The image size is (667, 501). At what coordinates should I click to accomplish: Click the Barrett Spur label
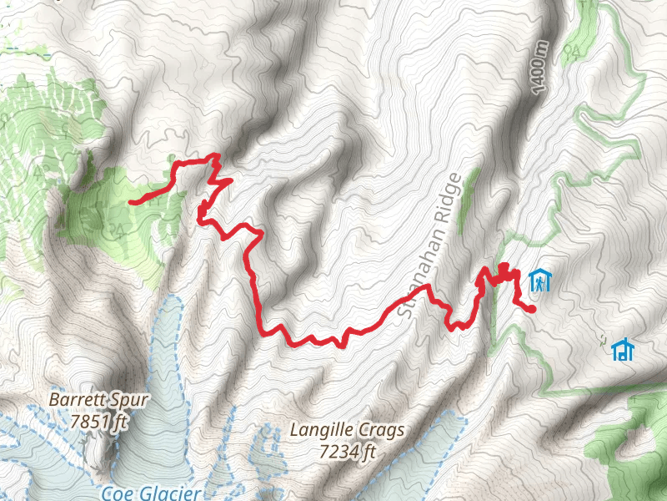(x=98, y=400)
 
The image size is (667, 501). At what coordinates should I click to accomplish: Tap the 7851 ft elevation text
(x=98, y=422)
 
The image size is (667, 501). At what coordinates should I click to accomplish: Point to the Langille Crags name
(x=348, y=431)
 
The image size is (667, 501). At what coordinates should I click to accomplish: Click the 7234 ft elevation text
(x=348, y=453)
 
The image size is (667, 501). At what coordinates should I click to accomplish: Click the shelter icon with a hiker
(x=540, y=280)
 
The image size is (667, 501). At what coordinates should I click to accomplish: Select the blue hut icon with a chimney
(x=622, y=350)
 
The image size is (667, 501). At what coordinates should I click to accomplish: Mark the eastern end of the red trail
(x=531, y=310)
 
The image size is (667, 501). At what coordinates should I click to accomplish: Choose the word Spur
(x=131, y=400)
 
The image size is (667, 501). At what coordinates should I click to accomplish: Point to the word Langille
(x=322, y=431)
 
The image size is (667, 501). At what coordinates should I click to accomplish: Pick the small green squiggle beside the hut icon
(x=602, y=339)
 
